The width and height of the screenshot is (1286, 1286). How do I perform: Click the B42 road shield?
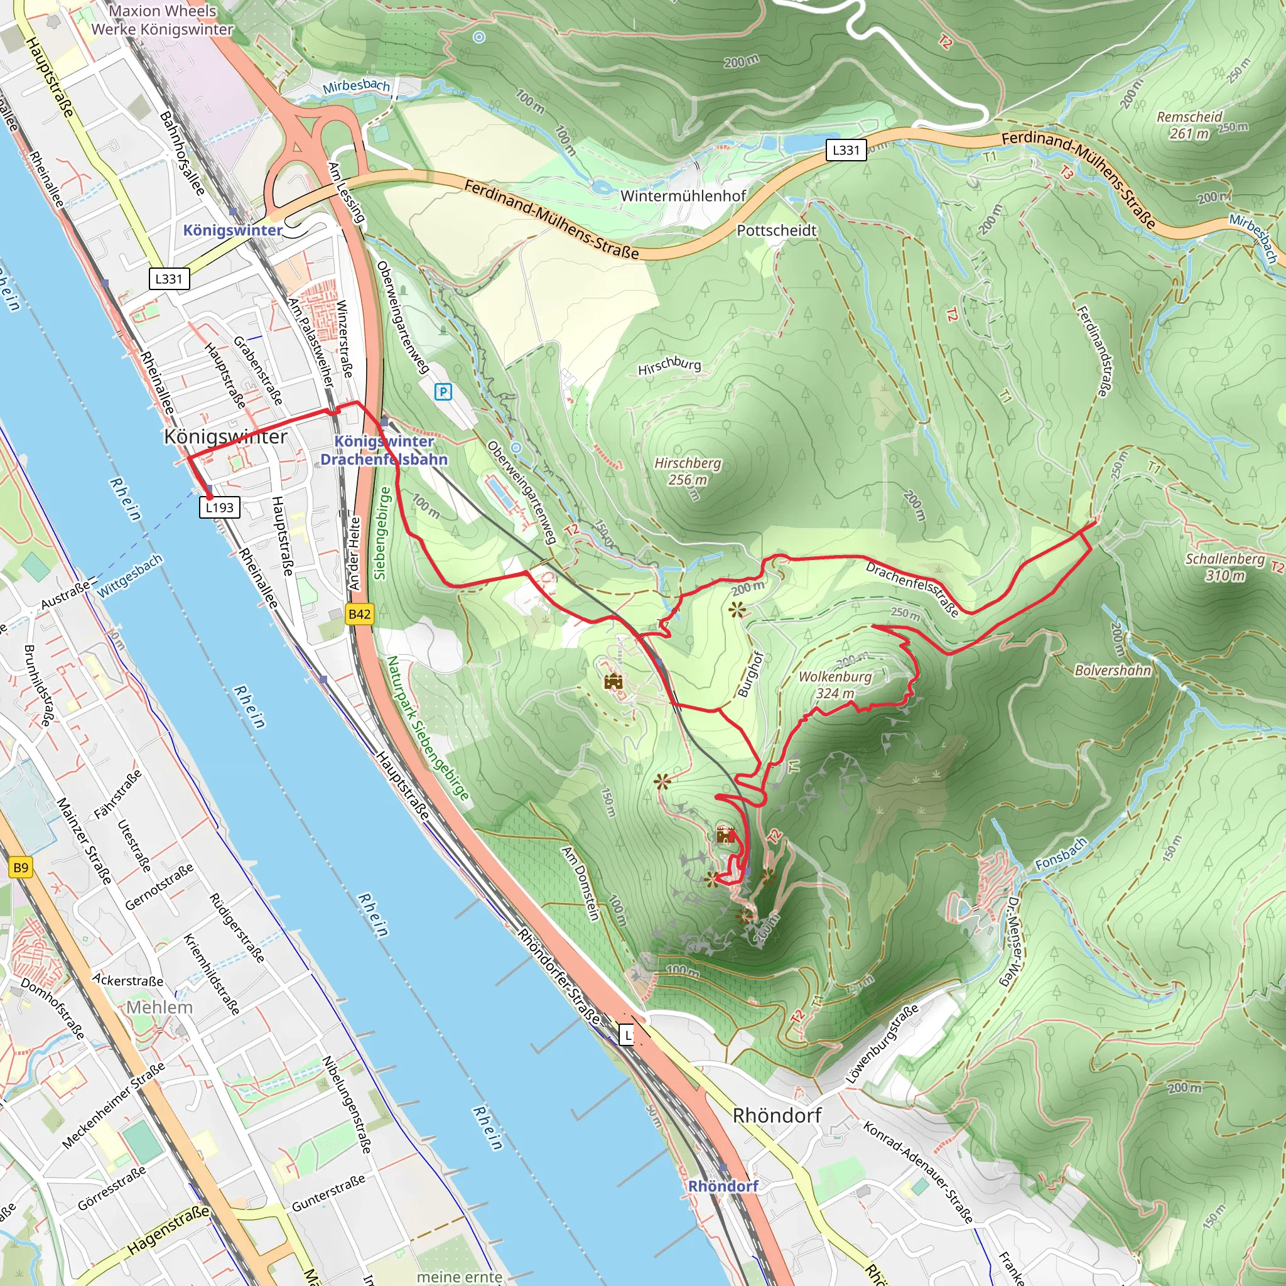pos(359,613)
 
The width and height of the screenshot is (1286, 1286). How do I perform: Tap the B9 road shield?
pos(21,867)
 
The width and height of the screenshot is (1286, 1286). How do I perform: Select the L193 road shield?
pos(219,507)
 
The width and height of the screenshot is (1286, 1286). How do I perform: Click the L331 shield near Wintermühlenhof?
pos(846,150)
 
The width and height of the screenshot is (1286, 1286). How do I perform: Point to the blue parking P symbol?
pos(443,392)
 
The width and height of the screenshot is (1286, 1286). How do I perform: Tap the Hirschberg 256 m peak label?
pos(688,470)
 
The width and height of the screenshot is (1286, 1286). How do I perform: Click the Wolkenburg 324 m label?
pos(835,684)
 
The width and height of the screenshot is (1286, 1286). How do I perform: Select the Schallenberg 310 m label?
pos(1224,566)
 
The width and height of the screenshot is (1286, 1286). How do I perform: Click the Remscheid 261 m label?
pos(1189,125)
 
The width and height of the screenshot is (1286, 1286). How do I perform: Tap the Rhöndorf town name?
pos(777,1115)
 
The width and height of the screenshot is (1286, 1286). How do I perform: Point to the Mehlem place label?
pos(159,1007)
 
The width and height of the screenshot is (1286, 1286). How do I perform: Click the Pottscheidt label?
pos(776,230)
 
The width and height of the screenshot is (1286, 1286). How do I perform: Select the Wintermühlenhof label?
pos(683,196)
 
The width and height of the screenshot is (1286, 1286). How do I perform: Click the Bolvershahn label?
pos(1113,670)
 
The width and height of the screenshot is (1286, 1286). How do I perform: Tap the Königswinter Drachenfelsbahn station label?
pos(384,450)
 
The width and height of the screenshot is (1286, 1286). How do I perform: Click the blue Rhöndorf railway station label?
pos(723,1186)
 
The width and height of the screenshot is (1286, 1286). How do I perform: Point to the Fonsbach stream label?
pos(1061,855)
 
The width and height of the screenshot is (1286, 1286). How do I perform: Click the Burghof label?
pos(751,674)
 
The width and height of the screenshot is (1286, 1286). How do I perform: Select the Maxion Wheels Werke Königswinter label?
pos(162,20)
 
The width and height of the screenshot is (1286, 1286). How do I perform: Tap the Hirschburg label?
pos(669,365)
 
